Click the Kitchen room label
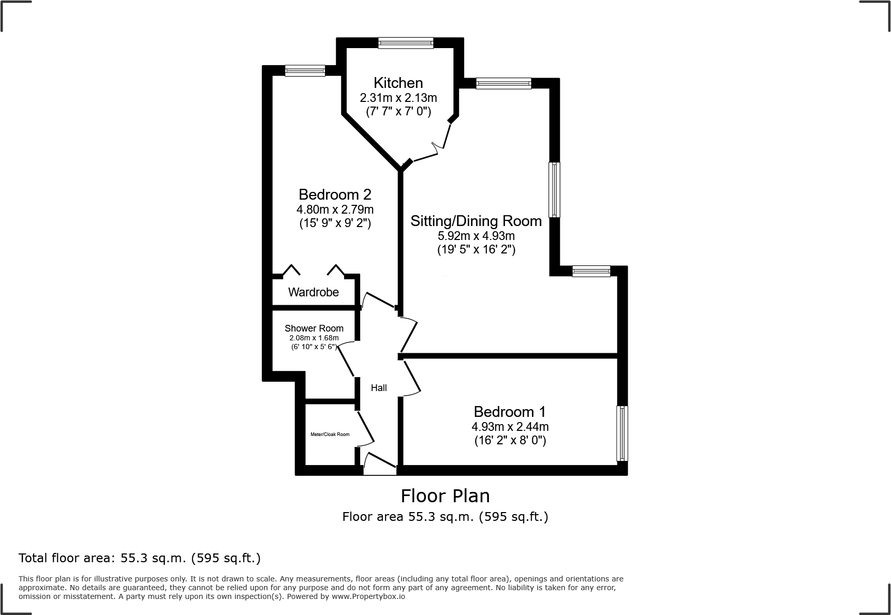(398, 83)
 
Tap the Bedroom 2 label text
(335, 194)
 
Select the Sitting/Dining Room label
(476, 221)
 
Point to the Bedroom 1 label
(510, 412)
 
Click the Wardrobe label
(313, 292)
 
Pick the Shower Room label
(314, 328)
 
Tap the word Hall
(378, 388)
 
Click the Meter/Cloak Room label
(330, 434)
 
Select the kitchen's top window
(405, 43)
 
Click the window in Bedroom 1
(622, 433)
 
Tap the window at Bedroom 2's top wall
(305, 71)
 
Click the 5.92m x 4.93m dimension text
(476, 236)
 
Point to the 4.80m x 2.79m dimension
(335, 209)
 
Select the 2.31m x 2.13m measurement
(398, 98)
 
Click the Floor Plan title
(445, 496)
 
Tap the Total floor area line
(139, 558)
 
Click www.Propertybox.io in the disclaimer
(368, 596)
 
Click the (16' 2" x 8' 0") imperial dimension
(510, 441)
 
